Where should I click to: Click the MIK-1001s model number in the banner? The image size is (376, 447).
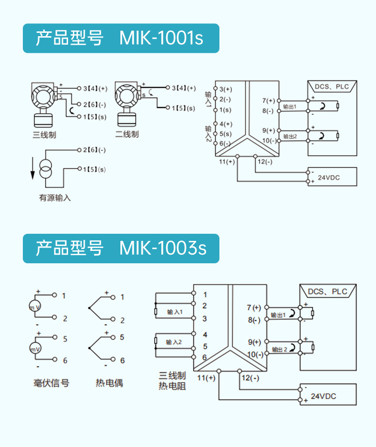tap(161, 38)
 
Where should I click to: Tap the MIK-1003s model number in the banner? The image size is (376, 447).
tap(163, 248)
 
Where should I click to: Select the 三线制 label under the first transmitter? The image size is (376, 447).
tap(44, 135)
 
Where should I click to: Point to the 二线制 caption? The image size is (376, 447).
tap(127, 135)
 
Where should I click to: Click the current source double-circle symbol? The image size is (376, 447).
tap(46, 170)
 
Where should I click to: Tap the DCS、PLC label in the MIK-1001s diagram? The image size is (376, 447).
tap(332, 87)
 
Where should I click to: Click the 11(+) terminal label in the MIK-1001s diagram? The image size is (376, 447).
tap(227, 162)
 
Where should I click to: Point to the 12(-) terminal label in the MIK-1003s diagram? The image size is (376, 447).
tap(250, 378)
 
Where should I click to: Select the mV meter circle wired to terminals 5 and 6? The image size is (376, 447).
tap(36, 349)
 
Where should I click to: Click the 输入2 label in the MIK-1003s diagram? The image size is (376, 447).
tap(174, 342)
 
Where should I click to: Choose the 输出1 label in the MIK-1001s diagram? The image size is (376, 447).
tap(289, 106)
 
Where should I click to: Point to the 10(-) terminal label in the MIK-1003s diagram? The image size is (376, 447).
tap(255, 355)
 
